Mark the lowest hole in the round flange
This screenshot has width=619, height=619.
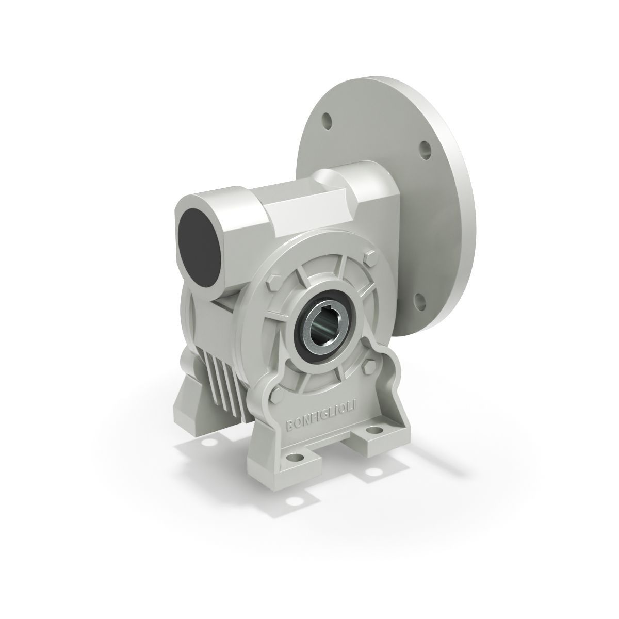(419, 299)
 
